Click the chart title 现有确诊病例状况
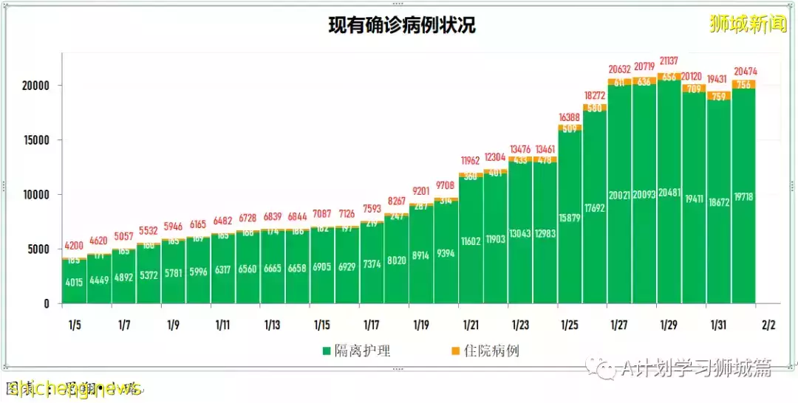(402, 26)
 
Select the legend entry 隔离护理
(356, 351)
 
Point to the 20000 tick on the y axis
(34, 86)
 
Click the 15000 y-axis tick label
(34, 140)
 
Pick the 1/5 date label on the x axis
(74, 325)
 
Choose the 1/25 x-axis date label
(570, 325)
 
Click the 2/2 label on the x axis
(768, 325)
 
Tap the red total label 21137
(669, 61)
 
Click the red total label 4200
(74, 246)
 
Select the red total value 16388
(570, 117)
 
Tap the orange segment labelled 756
(743, 84)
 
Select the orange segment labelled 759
(719, 96)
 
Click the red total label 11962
(471, 160)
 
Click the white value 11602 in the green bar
(471, 241)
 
